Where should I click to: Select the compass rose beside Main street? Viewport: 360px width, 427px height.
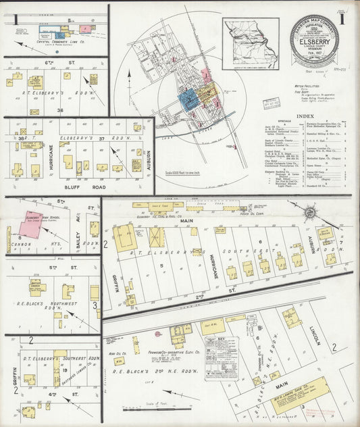[310, 212]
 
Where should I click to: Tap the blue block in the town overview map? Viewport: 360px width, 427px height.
[188, 99]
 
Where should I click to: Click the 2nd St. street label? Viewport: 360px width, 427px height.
[199, 296]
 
